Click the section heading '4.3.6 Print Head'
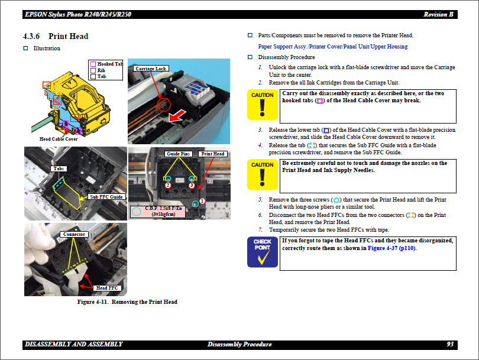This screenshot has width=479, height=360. click(x=56, y=36)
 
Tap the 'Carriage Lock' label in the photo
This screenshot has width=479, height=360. click(x=151, y=69)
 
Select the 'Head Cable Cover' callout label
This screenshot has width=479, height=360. click(x=59, y=139)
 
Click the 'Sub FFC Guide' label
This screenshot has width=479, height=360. click(x=106, y=197)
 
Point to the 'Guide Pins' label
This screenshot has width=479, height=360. click(x=178, y=154)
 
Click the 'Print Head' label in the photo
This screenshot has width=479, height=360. click(x=213, y=154)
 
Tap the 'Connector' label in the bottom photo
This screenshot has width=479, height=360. click(x=74, y=234)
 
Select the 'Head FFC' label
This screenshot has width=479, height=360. click(x=108, y=288)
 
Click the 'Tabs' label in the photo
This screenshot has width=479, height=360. click(x=59, y=169)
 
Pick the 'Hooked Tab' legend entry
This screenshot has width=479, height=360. click(x=109, y=64)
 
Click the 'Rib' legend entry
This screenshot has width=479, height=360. click(x=101, y=70)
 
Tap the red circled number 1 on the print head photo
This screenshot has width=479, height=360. click(x=202, y=201)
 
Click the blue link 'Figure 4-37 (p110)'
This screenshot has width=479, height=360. click(x=391, y=248)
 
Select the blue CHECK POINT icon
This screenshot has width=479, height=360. click(x=262, y=253)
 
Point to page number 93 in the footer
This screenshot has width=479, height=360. click(x=450, y=344)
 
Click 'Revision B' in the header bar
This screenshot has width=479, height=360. click(x=438, y=14)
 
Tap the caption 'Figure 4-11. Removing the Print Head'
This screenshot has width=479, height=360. click(x=127, y=302)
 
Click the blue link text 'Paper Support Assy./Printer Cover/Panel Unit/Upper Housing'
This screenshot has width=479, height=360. click(x=333, y=47)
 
